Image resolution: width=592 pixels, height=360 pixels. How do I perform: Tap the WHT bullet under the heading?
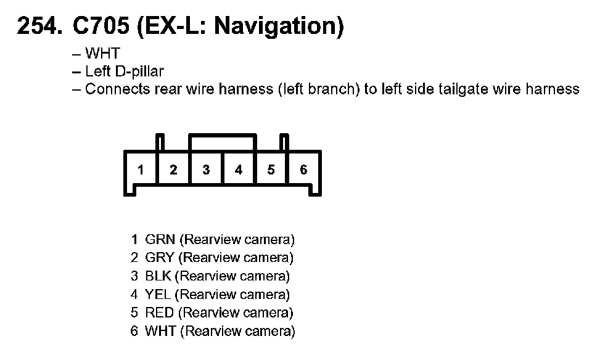click(x=102, y=54)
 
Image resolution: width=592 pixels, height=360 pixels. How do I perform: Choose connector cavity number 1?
click(x=141, y=170)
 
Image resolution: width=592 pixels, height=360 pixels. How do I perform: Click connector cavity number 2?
click(x=173, y=170)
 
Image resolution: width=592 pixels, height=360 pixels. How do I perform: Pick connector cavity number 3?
click(x=206, y=170)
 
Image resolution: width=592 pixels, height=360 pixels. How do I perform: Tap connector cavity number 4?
click(x=239, y=170)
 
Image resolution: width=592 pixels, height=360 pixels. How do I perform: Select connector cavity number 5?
click(x=271, y=170)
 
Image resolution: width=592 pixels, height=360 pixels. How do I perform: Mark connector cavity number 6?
click(x=303, y=170)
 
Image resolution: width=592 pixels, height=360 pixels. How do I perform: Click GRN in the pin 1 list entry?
click(x=160, y=239)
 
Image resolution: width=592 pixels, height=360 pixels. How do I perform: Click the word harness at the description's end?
click(x=552, y=89)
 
